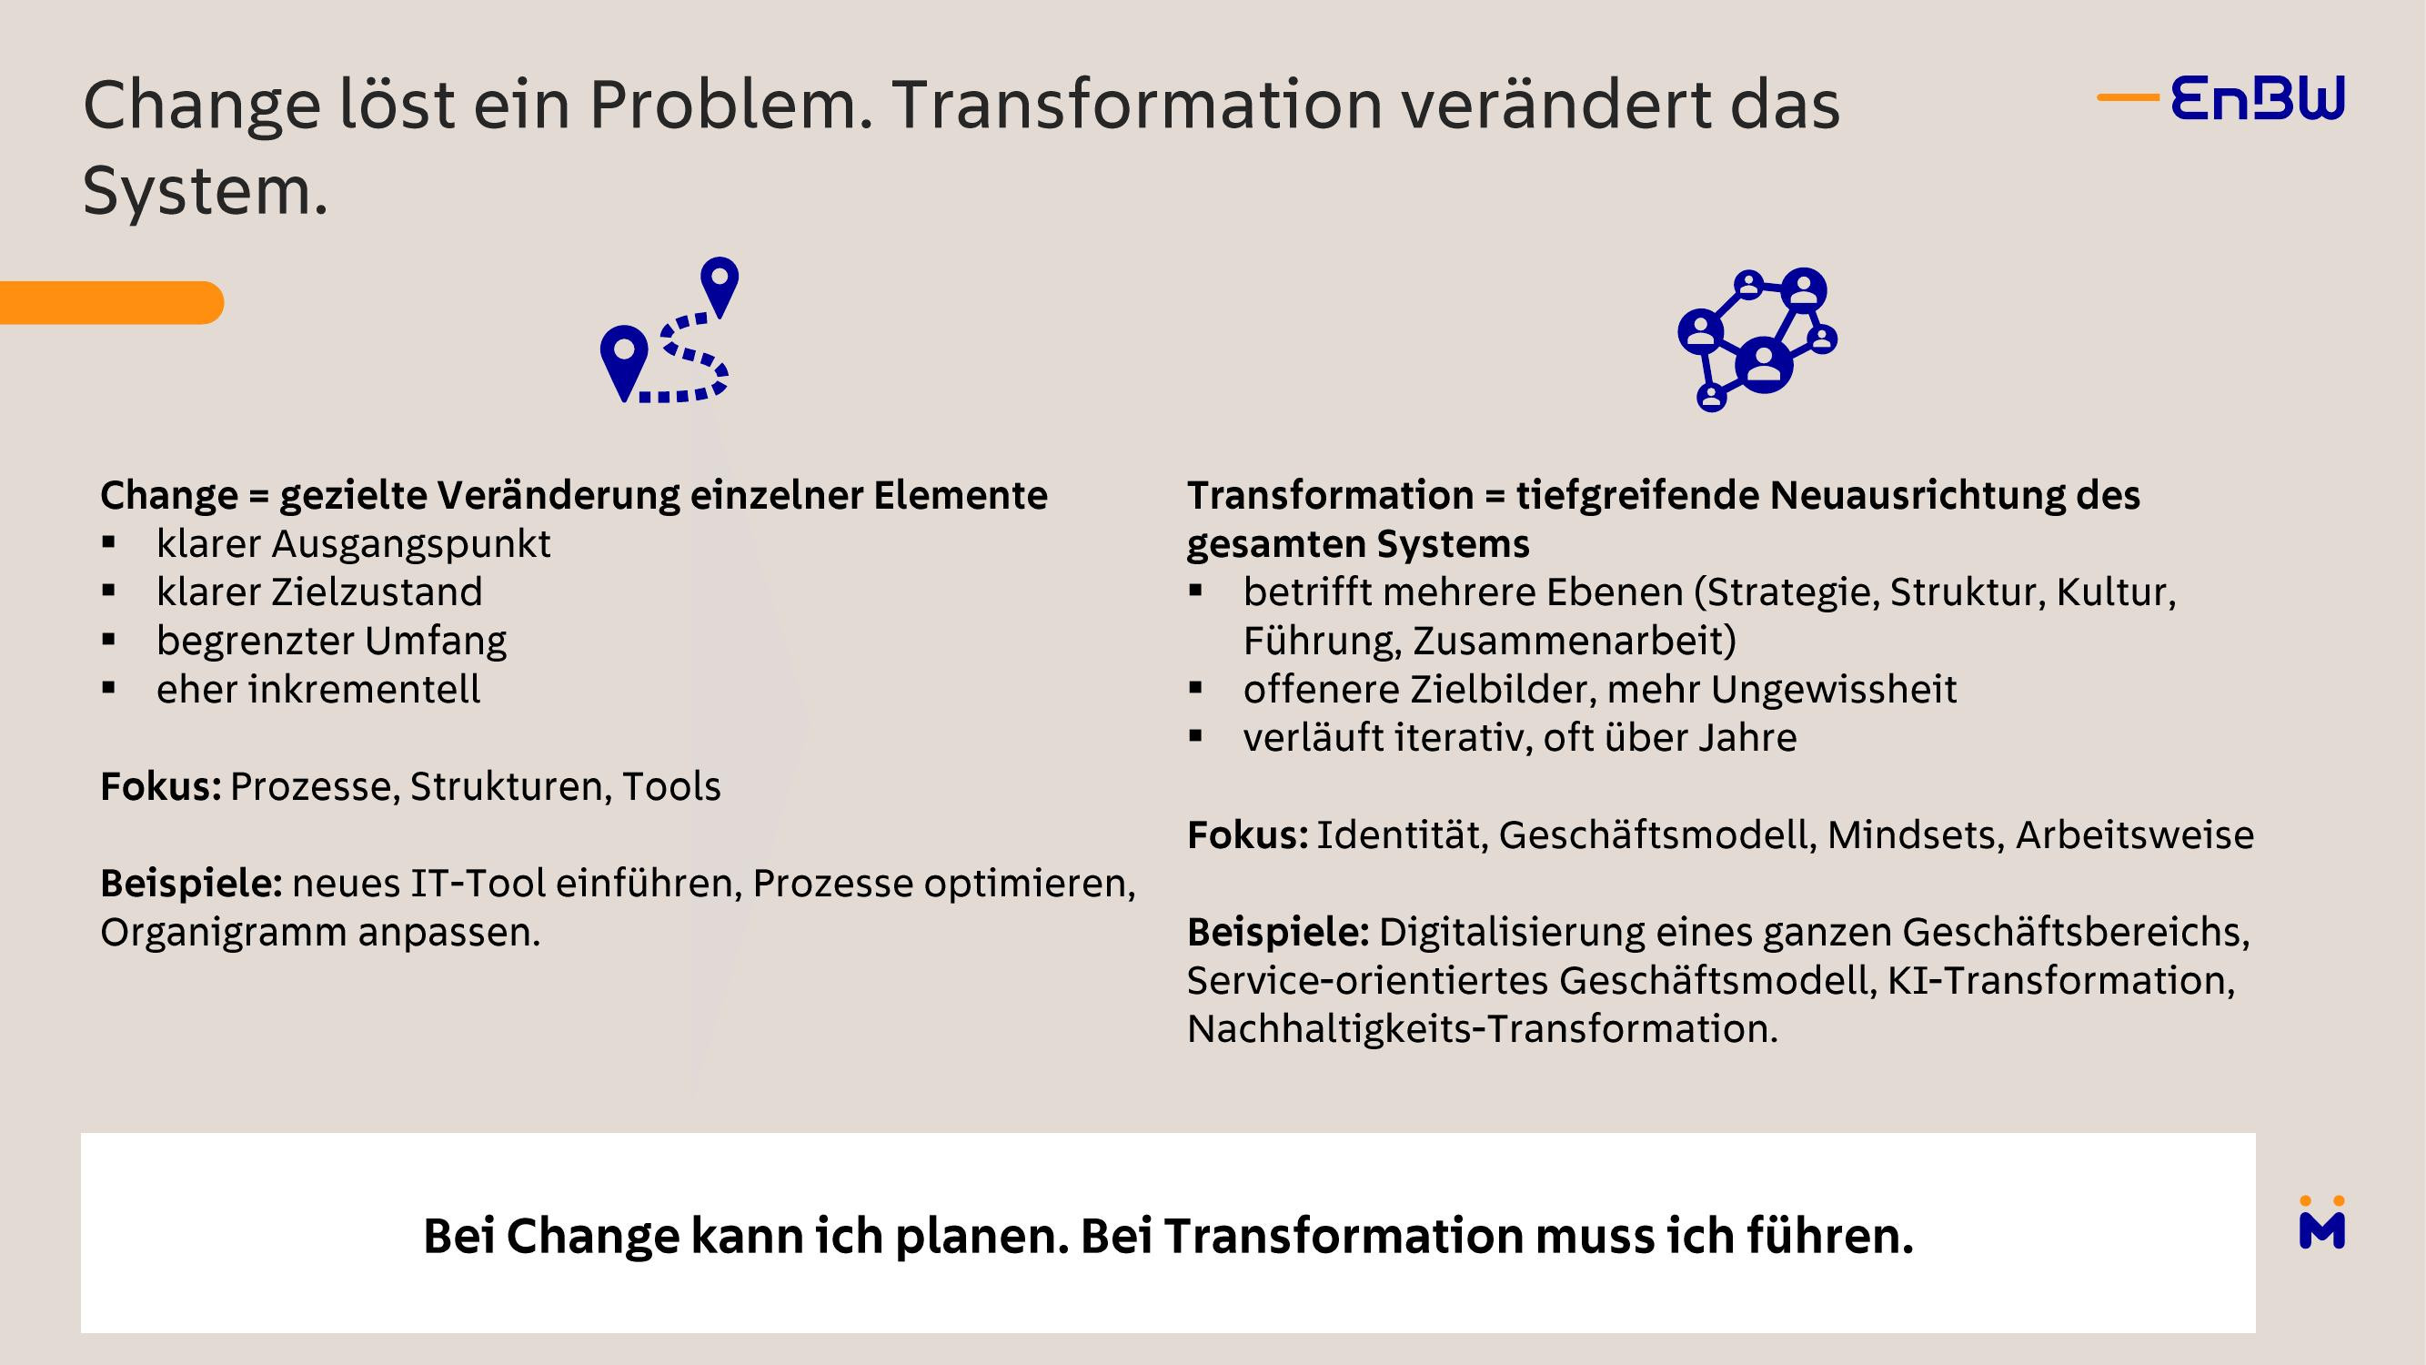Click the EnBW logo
(2220, 98)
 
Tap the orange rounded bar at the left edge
(111, 302)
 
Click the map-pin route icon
(669, 329)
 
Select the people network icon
(1757, 339)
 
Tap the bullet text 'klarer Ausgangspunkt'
(353, 543)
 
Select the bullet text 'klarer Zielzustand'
(319, 591)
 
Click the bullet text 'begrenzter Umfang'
(331, 641)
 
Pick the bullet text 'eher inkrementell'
(318, 689)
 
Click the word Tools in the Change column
(671, 786)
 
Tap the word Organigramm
(223, 933)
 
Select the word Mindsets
(1916, 834)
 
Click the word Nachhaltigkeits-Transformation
(1482, 1028)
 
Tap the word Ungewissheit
(1834, 690)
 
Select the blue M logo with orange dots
(2321, 1223)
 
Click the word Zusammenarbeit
(1575, 641)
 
